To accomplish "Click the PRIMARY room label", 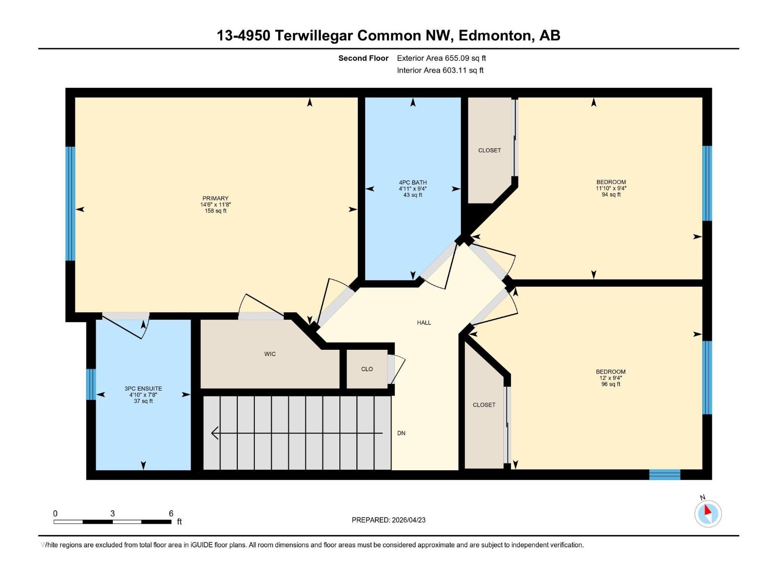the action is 215,198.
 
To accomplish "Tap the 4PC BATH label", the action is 412,183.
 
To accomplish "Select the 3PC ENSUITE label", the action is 143,389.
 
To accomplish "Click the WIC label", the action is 270,354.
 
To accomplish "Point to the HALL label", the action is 424,323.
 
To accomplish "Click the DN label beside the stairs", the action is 401,433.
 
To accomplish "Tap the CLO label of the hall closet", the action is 367,369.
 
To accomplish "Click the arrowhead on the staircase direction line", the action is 214,433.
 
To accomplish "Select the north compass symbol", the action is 708,514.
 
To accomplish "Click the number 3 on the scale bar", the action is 112,513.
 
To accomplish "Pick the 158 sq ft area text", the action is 215,211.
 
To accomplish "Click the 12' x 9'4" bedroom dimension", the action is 611,377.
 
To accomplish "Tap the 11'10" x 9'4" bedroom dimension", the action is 611,189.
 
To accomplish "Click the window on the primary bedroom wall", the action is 71,204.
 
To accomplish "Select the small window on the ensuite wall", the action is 91,384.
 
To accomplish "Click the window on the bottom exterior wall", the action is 665,475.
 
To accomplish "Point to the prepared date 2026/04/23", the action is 408,520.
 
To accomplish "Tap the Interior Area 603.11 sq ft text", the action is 440,70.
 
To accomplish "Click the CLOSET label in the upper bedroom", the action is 490,151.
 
